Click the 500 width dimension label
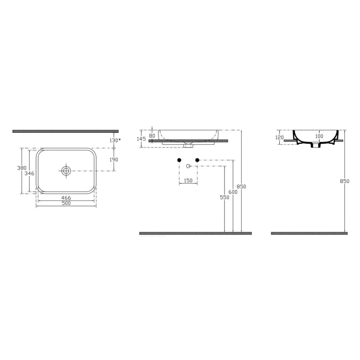(x=66, y=203)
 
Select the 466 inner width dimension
(x=66, y=198)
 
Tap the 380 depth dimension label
(x=22, y=168)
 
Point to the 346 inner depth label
(x=29, y=173)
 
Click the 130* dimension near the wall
(x=115, y=140)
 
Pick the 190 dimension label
(x=114, y=160)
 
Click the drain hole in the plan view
(x=66, y=171)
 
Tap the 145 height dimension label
(x=141, y=139)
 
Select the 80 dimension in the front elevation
(x=152, y=136)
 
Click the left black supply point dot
(x=179, y=160)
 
